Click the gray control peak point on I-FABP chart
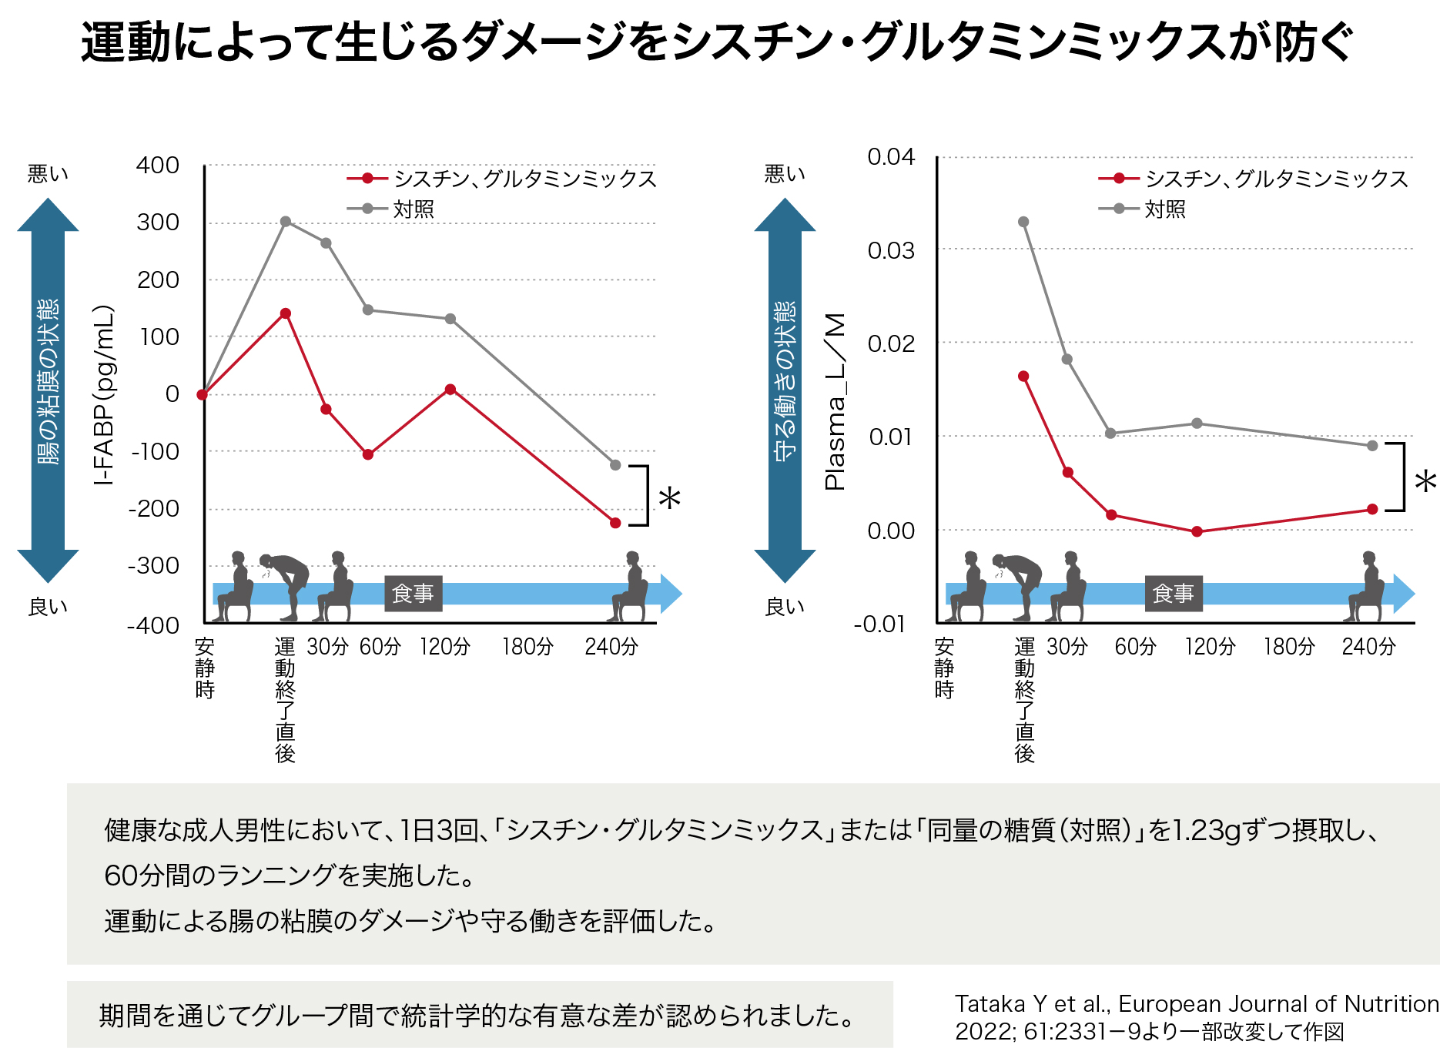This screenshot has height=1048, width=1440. (286, 222)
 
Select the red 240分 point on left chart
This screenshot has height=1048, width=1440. (615, 523)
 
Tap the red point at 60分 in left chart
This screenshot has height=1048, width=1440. (368, 454)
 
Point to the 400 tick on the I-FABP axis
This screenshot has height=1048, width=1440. (158, 166)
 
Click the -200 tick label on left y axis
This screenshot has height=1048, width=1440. (154, 509)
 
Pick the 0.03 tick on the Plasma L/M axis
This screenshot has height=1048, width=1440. (891, 251)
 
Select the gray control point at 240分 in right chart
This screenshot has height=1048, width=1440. (1372, 446)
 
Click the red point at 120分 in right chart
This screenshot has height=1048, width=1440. (1197, 531)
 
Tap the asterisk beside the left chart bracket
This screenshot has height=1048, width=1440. (669, 498)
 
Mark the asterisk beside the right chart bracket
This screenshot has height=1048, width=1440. (1425, 482)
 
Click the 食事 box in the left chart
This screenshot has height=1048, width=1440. (413, 594)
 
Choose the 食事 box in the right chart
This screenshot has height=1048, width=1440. (1173, 594)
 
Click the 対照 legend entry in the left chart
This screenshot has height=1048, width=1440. (413, 209)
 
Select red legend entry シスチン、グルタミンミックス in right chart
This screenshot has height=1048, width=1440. (1276, 179)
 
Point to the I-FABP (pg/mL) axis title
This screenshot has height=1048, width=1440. (104, 395)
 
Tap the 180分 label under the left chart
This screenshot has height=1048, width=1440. (527, 647)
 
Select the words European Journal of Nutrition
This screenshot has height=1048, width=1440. (1278, 1004)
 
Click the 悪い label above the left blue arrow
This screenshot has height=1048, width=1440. (48, 174)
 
